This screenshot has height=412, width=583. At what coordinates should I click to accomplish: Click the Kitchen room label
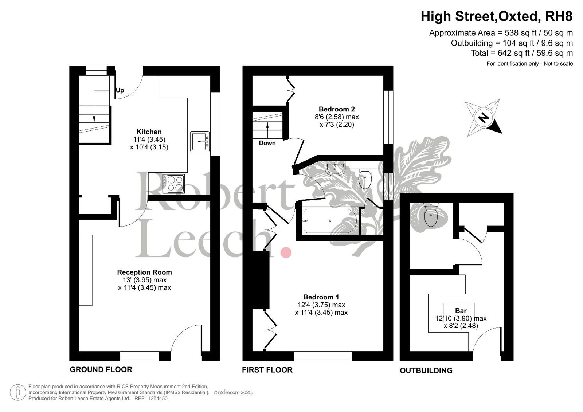[149, 132]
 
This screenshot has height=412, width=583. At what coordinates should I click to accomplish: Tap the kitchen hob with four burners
[173, 184]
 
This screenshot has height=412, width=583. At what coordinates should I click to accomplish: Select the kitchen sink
[200, 142]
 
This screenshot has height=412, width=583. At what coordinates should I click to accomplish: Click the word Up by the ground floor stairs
[120, 90]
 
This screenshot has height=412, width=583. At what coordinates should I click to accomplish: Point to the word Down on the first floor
[267, 143]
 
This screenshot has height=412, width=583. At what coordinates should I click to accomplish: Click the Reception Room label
[144, 272]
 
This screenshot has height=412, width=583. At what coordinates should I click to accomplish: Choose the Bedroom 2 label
[337, 109]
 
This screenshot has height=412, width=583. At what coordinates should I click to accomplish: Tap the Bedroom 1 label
[321, 297]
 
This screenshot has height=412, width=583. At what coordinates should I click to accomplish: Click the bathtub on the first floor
[330, 221]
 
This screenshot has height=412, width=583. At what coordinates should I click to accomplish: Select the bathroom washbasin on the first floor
[335, 168]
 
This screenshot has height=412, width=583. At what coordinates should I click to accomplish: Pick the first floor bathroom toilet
[365, 178]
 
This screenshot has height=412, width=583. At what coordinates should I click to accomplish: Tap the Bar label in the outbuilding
[461, 310]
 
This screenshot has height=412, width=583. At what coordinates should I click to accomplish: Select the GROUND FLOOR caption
[101, 370]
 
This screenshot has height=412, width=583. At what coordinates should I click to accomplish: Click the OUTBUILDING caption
[426, 370]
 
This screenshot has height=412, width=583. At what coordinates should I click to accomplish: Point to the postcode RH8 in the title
[559, 16]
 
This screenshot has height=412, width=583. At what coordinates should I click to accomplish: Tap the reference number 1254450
[158, 399]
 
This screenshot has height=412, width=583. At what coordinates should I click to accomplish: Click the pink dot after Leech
[286, 252]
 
